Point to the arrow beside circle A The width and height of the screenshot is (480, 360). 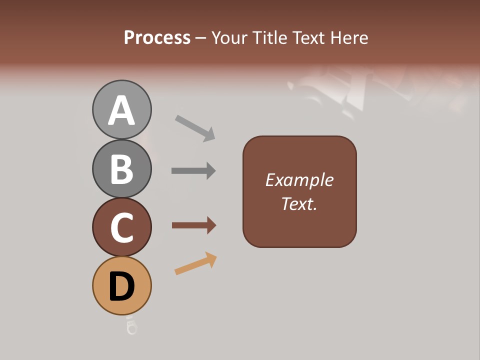195,127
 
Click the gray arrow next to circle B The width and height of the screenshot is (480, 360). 193,170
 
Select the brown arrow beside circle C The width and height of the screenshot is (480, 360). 193,225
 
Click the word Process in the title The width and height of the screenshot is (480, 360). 157,37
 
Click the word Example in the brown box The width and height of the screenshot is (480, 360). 299,180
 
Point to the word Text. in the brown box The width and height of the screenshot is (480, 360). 299,203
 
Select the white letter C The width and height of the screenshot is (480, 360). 122,227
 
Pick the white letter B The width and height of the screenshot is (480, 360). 122,169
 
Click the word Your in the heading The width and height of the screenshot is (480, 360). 230,37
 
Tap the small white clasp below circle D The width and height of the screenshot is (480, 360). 131,326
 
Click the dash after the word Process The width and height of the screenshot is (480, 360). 201,38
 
